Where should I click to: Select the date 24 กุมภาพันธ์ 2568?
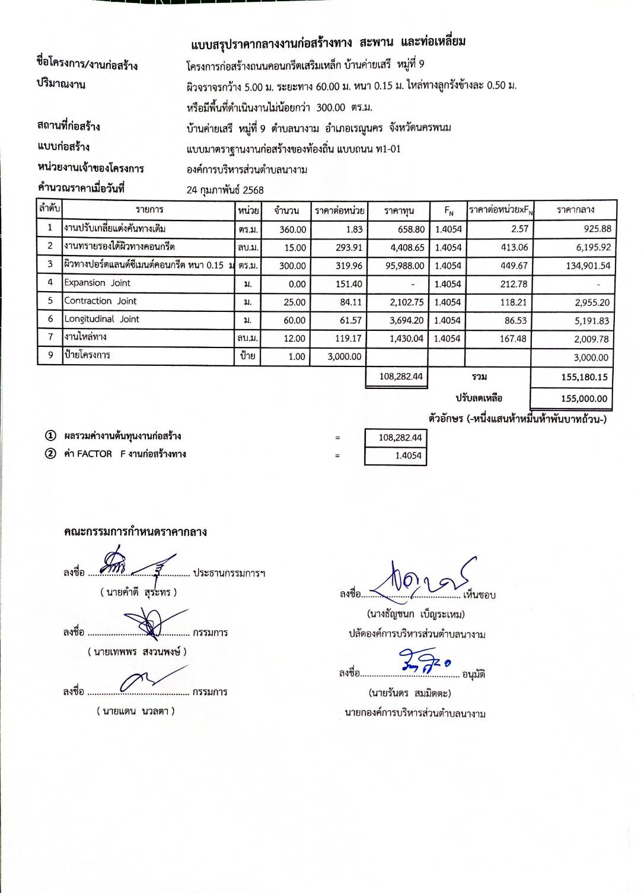coord(225,190)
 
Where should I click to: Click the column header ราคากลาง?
coord(575,210)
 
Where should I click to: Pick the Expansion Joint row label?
coord(97,283)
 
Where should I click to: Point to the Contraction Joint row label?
coord(100,301)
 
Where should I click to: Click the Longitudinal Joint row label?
coord(102,319)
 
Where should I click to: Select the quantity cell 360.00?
coord(293,229)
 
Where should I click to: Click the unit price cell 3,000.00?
coord(344,357)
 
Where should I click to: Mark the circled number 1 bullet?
coord(51,436)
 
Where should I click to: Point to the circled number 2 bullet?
coord(51,454)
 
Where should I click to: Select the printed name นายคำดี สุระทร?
coord(139,592)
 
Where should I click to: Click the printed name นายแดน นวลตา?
coord(136,711)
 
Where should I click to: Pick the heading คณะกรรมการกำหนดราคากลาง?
coord(135,532)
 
